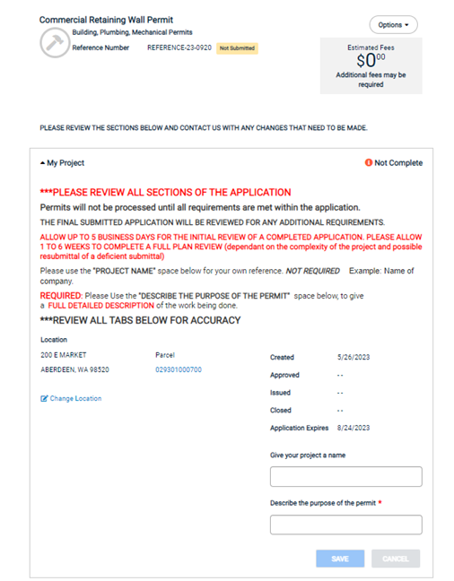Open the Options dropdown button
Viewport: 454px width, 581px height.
(x=393, y=25)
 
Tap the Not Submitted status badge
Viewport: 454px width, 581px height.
(x=237, y=48)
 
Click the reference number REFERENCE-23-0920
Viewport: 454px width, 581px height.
(x=179, y=48)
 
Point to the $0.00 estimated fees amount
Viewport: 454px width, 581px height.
(x=371, y=61)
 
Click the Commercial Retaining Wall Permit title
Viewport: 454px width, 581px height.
(x=106, y=20)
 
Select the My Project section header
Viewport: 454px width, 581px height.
(x=63, y=163)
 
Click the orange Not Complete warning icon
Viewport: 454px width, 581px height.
(x=368, y=163)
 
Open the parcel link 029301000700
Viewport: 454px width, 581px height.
(x=179, y=369)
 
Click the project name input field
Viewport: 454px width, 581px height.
(x=345, y=476)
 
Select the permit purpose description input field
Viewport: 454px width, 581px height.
(x=345, y=525)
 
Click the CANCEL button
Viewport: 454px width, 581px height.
(x=396, y=559)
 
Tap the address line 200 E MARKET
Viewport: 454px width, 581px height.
(x=65, y=356)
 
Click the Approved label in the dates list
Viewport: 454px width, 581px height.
(x=284, y=375)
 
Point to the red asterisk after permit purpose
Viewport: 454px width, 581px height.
(x=380, y=503)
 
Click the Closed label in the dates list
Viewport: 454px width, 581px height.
(x=281, y=412)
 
